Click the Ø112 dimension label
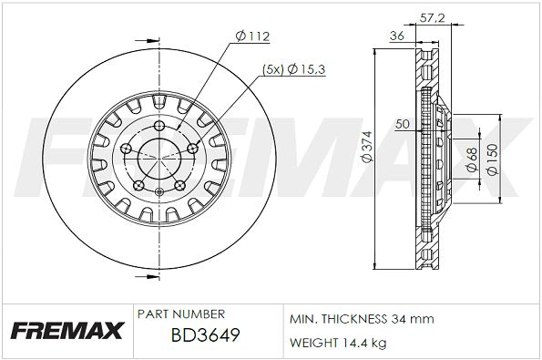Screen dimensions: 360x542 click(x=253, y=36)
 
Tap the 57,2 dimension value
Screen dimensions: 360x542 click(x=438, y=16)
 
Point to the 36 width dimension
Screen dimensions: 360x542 click(x=396, y=36)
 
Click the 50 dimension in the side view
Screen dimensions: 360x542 click(x=403, y=123)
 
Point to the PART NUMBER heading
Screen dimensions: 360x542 click(x=180, y=314)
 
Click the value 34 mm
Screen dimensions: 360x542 click(x=414, y=319)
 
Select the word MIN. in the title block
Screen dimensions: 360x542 click(x=302, y=319)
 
